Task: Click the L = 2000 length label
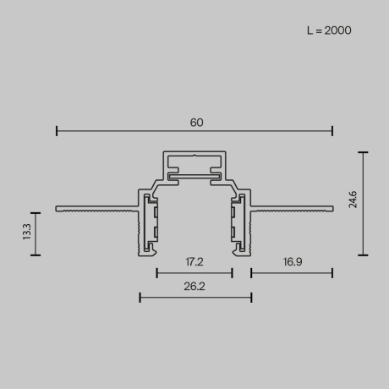(x=329, y=30)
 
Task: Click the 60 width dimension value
(x=196, y=123)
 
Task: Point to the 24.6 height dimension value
(x=353, y=200)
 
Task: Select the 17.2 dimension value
(x=194, y=263)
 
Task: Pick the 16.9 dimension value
(x=292, y=263)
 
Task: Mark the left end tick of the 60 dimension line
(x=57, y=130)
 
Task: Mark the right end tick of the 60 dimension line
(x=332, y=130)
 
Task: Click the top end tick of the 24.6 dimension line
(x=364, y=152)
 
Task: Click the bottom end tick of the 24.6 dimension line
(x=364, y=255)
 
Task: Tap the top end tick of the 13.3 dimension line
(x=36, y=213)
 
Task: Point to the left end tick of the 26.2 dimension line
(x=140, y=297)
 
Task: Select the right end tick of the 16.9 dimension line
(x=332, y=272)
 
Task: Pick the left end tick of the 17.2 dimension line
(x=156, y=272)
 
